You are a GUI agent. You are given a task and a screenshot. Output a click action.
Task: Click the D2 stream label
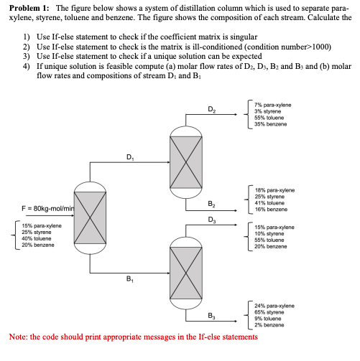211,110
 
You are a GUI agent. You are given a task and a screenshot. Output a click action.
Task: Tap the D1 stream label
130,157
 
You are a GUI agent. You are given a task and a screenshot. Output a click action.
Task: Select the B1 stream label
130,279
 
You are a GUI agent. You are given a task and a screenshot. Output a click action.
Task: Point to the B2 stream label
211,204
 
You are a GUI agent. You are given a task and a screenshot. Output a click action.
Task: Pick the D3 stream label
212,220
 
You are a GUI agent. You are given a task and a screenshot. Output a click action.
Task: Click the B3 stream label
211,316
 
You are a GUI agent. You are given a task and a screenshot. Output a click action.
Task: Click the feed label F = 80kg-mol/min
48,209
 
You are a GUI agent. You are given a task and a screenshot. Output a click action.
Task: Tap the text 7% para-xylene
272,105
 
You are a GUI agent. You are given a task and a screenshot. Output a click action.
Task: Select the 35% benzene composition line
270,124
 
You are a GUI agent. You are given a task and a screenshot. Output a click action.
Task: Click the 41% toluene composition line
269,203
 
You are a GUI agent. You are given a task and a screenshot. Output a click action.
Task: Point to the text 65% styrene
269,312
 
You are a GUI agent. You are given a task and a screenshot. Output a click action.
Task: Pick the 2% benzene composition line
269,325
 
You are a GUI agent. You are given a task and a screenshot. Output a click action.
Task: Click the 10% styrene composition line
269,233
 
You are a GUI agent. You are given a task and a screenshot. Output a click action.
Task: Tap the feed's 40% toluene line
37,238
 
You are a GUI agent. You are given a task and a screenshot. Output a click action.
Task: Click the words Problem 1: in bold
29,8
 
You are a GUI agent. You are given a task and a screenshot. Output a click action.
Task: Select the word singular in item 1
244,37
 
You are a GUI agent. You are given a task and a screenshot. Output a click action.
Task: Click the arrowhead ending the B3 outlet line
236,321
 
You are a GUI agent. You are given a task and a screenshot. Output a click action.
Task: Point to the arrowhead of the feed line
73,215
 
